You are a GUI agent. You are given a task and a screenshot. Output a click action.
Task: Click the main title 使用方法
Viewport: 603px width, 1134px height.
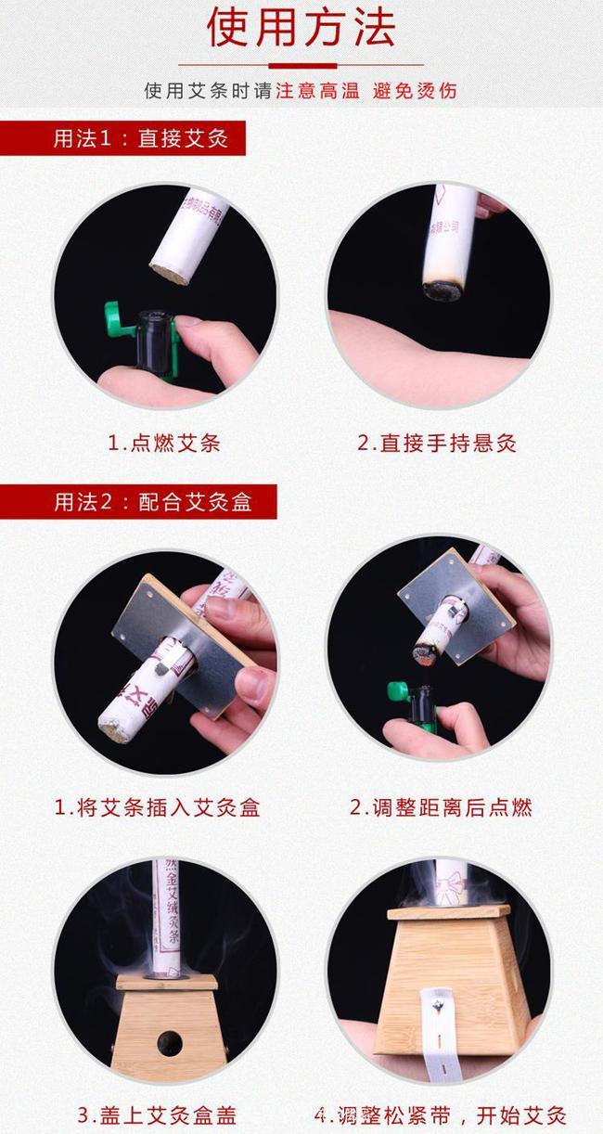tap(301, 28)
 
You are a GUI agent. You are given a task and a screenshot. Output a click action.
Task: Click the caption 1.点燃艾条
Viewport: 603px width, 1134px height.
tap(164, 443)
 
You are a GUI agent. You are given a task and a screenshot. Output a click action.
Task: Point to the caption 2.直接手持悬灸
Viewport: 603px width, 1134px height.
tap(437, 443)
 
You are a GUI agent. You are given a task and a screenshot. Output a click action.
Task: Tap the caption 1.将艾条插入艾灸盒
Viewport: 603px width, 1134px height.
tap(157, 807)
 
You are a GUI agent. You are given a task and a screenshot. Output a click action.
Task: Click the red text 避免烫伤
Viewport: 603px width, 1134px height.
tap(415, 91)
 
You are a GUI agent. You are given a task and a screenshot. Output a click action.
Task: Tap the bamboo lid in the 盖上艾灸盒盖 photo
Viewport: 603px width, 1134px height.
tap(167, 981)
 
